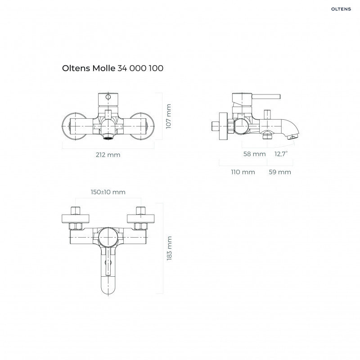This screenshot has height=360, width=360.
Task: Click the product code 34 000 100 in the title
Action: (x=140, y=68)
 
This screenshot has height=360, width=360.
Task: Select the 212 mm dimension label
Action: (x=108, y=155)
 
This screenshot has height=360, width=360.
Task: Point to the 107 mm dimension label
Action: (x=169, y=117)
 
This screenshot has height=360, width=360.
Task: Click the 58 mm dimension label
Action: (x=254, y=154)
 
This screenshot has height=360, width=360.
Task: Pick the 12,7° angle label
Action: (x=281, y=154)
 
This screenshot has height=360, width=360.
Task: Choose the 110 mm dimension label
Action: (x=243, y=172)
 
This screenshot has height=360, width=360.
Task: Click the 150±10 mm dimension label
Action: (x=108, y=192)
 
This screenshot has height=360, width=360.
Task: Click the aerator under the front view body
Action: (x=108, y=135)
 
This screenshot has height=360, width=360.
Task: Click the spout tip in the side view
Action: (x=294, y=136)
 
